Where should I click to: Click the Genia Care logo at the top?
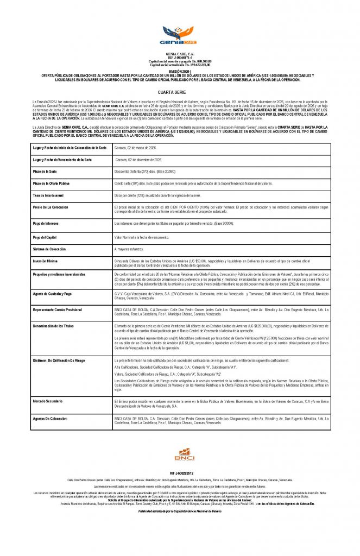180,35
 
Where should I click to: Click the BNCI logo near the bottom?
180,455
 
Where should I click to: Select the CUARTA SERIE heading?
180,93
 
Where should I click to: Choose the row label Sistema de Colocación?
49,249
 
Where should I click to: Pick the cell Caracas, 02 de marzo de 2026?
135,148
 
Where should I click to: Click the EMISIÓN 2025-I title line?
180,71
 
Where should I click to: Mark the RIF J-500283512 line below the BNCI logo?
180,473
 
